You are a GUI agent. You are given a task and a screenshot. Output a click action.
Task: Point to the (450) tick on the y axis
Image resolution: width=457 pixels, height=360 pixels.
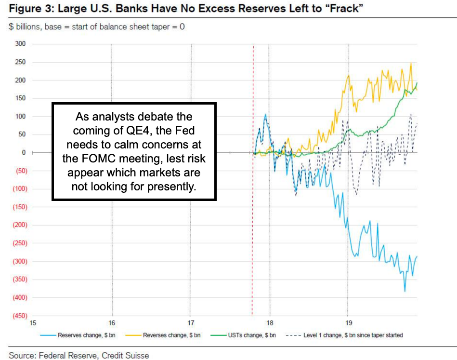tap(20, 316)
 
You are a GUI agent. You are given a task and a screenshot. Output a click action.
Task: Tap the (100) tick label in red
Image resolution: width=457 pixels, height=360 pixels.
tap(20, 189)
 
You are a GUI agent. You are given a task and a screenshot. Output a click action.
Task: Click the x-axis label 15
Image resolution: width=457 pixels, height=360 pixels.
tap(33, 323)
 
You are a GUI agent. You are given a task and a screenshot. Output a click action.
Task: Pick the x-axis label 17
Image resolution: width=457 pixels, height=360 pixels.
tap(191, 323)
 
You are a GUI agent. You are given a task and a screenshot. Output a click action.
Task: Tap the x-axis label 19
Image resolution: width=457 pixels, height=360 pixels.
tap(348, 323)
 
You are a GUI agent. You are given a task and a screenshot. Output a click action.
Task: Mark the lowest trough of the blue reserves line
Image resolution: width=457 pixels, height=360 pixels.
tap(405, 291)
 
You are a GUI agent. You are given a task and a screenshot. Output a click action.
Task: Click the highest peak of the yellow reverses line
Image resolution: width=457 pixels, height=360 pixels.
tap(411, 63)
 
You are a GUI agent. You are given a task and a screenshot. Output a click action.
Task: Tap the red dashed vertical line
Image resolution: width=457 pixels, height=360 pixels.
tap(253, 193)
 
